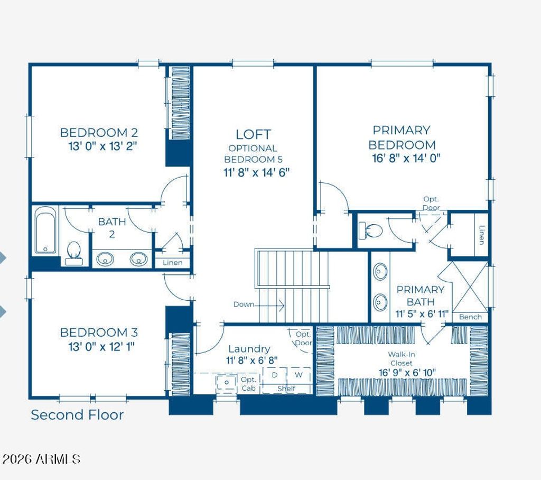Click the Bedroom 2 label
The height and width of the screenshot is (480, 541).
click(99, 133)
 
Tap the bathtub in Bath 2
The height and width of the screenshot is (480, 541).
click(45, 230)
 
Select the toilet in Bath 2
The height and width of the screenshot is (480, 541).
click(73, 253)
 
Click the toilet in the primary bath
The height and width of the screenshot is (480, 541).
click(370, 230)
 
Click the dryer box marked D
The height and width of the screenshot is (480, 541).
click(275, 375)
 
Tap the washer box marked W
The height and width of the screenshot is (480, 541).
click(299, 375)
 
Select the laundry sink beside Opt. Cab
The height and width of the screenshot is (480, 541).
click(227, 383)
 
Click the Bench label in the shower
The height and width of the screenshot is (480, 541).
click(470, 317)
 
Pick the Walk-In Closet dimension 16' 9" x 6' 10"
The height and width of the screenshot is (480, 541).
click(407, 373)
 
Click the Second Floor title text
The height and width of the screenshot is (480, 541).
click(77, 415)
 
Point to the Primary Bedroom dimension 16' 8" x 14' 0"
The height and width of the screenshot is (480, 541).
click(406, 158)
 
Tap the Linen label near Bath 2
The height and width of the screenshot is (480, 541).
click(173, 263)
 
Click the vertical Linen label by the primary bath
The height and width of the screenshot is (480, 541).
click(481, 235)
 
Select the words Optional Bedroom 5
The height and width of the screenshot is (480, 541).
click(253, 154)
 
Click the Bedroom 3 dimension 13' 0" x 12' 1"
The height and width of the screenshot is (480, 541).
click(101, 346)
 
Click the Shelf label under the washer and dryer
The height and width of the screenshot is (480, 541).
click(286, 389)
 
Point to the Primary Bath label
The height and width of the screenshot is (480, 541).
click(420, 296)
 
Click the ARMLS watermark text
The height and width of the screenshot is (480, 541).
click(41, 459)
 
